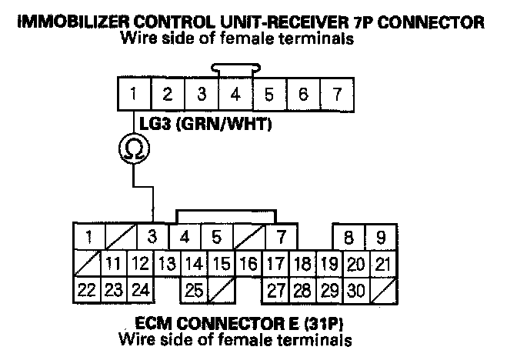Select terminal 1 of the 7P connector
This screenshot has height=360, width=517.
[134, 95]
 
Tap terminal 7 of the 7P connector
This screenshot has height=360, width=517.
[336, 95]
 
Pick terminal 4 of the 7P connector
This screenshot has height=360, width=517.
[235, 95]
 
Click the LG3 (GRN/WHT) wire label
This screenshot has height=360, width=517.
[204, 123]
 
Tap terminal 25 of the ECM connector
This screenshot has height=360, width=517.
[195, 291]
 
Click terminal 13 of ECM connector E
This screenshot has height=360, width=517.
[167, 264]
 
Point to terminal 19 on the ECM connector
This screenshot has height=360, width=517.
[329, 264]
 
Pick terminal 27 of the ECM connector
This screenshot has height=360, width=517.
[276, 291]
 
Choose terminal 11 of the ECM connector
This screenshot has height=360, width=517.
[114, 264]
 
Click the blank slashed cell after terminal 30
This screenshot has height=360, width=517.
[381, 291]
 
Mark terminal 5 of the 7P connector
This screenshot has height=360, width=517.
[269, 95]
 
